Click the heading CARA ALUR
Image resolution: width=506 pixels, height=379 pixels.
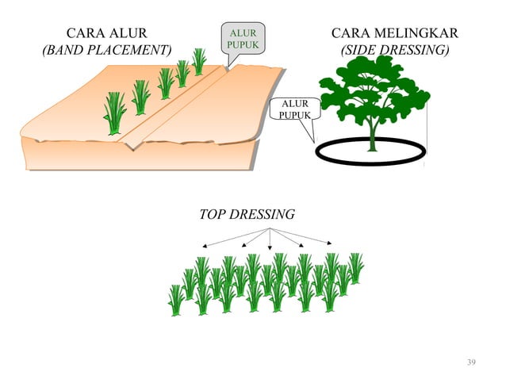pyautogui.click(x=107, y=33)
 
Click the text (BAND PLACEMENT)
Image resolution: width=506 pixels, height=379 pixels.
pyautogui.click(x=107, y=50)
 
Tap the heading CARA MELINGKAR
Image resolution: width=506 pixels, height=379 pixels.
pyautogui.click(x=395, y=33)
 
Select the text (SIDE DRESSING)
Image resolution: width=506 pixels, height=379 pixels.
pyautogui.click(x=395, y=50)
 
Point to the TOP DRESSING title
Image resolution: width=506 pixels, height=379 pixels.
pyautogui.click(x=247, y=214)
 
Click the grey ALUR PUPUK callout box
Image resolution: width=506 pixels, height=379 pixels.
pyautogui.click(x=243, y=38)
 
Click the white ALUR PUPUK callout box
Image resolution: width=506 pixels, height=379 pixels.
pyautogui.click(x=295, y=109)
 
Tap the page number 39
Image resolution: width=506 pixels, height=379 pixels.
pyautogui.click(x=471, y=362)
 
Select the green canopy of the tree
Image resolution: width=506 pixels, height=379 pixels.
pyautogui.click(x=374, y=89)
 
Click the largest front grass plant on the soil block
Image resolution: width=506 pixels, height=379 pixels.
pyautogui.click(x=114, y=113)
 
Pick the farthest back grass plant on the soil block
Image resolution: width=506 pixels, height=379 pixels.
pyautogui.click(x=199, y=62)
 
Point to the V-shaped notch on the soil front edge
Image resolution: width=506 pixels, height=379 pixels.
pyautogui.click(x=132, y=147)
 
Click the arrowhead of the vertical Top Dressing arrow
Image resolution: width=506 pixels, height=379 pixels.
pyautogui.click(x=270, y=247)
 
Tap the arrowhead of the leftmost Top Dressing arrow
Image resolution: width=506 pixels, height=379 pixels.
pyautogui.click(x=205, y=247)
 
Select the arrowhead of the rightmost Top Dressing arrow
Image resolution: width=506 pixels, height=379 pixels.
pyautogui.click(x=329, y=243)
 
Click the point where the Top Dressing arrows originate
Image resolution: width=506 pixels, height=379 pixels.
pyautogui.click(x=270, y=228)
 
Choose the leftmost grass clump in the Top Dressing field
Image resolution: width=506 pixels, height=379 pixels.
pyautogui.click(x=176, y=301)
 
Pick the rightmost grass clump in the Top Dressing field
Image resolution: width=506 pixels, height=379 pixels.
pyautogui.click(x=355, y=268)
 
